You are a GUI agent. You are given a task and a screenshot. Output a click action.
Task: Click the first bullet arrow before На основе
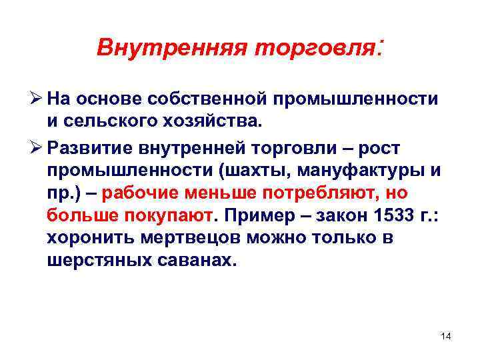click(x=37, y=99)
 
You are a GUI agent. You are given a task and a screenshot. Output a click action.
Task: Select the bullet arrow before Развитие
click(x=37, y=146)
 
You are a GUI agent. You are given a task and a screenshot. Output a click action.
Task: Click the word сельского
click(x=111, y=122)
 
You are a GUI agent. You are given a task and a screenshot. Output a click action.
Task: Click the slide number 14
click(x=445, y=335)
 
